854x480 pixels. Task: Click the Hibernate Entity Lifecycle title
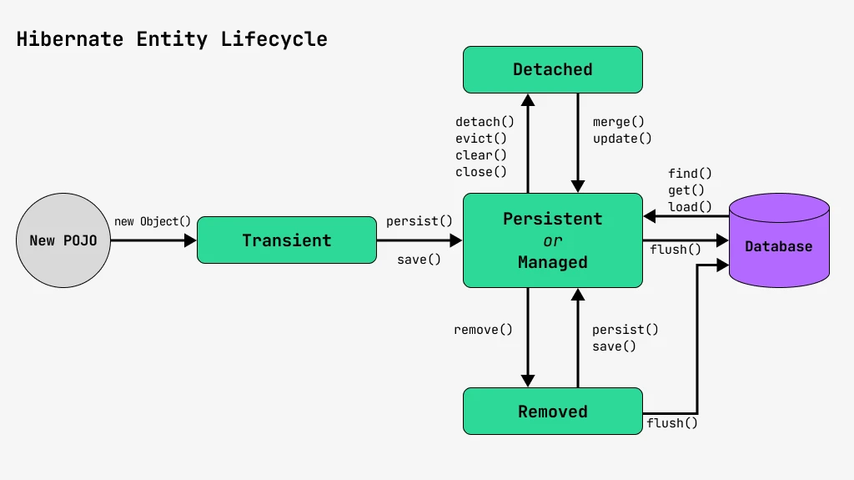click(172, 39)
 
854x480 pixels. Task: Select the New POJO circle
click(63, 240)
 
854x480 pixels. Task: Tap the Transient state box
click(286, 240)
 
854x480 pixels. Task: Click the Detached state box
click(552, 69)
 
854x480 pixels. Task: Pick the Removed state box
click(552, 412)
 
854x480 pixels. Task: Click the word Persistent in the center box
click(552, 219)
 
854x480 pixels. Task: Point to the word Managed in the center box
click(552, 262)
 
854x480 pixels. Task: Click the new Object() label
click(153, 221)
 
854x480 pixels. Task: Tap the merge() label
click(619, 122)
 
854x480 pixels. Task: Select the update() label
click(622, 139)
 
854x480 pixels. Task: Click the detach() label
click(485, 122)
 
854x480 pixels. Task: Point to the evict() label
click(481, 139)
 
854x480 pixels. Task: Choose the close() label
click(481, 172)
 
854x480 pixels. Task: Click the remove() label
click(483, 330)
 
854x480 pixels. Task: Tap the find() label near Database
click(690, 174)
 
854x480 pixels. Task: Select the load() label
click(690, 207)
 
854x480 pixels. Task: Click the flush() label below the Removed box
click(671, 423)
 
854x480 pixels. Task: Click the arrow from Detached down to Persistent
click(577, 142)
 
